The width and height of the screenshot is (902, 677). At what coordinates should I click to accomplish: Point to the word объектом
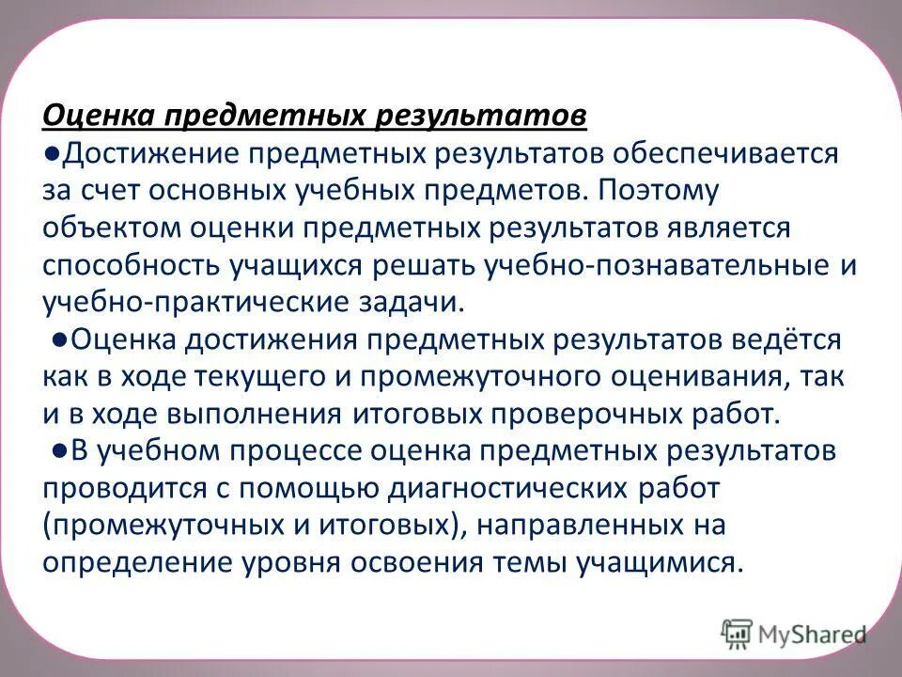pos(101,228)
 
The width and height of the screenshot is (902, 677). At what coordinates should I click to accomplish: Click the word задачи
pos(414,303)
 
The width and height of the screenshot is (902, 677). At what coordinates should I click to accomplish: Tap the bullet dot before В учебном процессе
pos(59,451)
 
